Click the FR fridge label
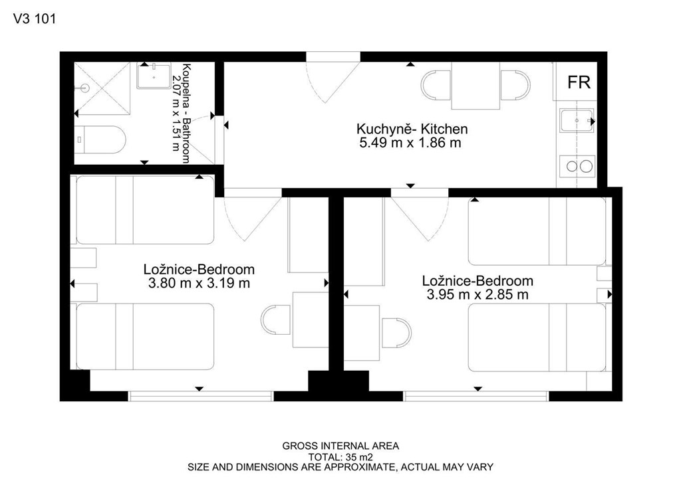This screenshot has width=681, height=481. (x=579, y=82)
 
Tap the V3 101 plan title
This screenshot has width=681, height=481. (x=35, y=19)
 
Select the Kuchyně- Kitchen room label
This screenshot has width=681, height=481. (x=412, y=129)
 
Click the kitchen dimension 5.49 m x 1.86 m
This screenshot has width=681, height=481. (x=410, y=143)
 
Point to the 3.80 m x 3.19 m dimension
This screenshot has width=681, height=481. (x=199, y=283)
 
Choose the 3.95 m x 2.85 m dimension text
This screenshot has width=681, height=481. (x=477, y=295)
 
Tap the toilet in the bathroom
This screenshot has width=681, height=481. (x=100, y=140)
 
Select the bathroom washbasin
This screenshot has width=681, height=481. (x=154, y=76)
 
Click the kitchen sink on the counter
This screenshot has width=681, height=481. (x=577, y=120)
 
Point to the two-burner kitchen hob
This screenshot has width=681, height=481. (x=577, y=166)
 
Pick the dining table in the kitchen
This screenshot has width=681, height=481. (x=476, y=86)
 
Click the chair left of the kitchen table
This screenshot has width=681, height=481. (x=436, y=85)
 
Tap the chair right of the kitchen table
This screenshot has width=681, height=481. (x=515, y=85)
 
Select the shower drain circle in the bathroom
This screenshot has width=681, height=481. (x=84, y=88)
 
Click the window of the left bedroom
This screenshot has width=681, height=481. (x=201, y=395)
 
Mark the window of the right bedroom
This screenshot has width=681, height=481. (x=476, y=395)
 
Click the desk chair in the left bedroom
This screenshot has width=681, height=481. (x=276, y=320)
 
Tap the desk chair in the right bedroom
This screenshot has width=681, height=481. (x=396, y=333)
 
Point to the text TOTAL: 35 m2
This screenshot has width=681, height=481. (x=340, y=456)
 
